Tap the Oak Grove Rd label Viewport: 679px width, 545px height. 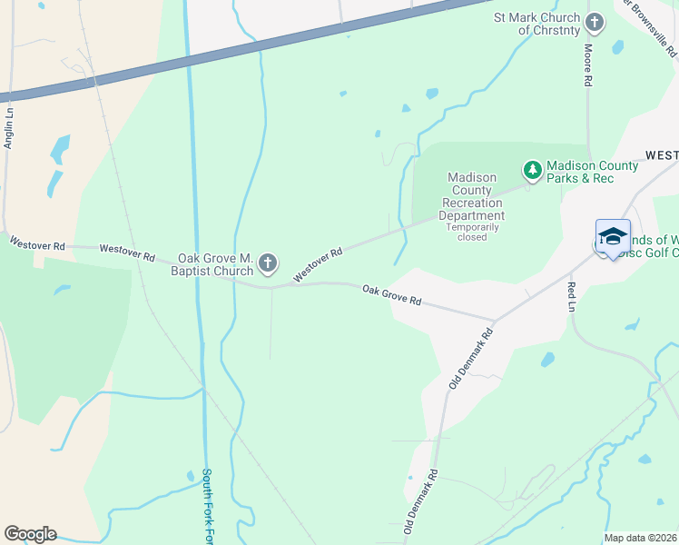tap(392, 294)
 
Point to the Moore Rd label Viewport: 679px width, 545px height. tap(588, 66)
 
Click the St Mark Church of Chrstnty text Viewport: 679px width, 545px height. tap(536, 25)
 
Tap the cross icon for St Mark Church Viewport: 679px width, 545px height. tap(595, 23)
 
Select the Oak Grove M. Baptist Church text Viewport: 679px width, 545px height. tap(214, 263)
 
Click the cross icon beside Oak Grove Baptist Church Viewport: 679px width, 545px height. tap(268, 263)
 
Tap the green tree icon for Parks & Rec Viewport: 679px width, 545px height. tap(532, 169)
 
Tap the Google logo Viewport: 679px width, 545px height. tap(30, 534)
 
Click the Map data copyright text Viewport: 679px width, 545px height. tap(641, 538)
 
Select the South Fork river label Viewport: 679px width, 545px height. tap(208, 506)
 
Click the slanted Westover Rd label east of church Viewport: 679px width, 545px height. tap(317, 264)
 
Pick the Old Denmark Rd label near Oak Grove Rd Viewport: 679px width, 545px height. tap(470, 359)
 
